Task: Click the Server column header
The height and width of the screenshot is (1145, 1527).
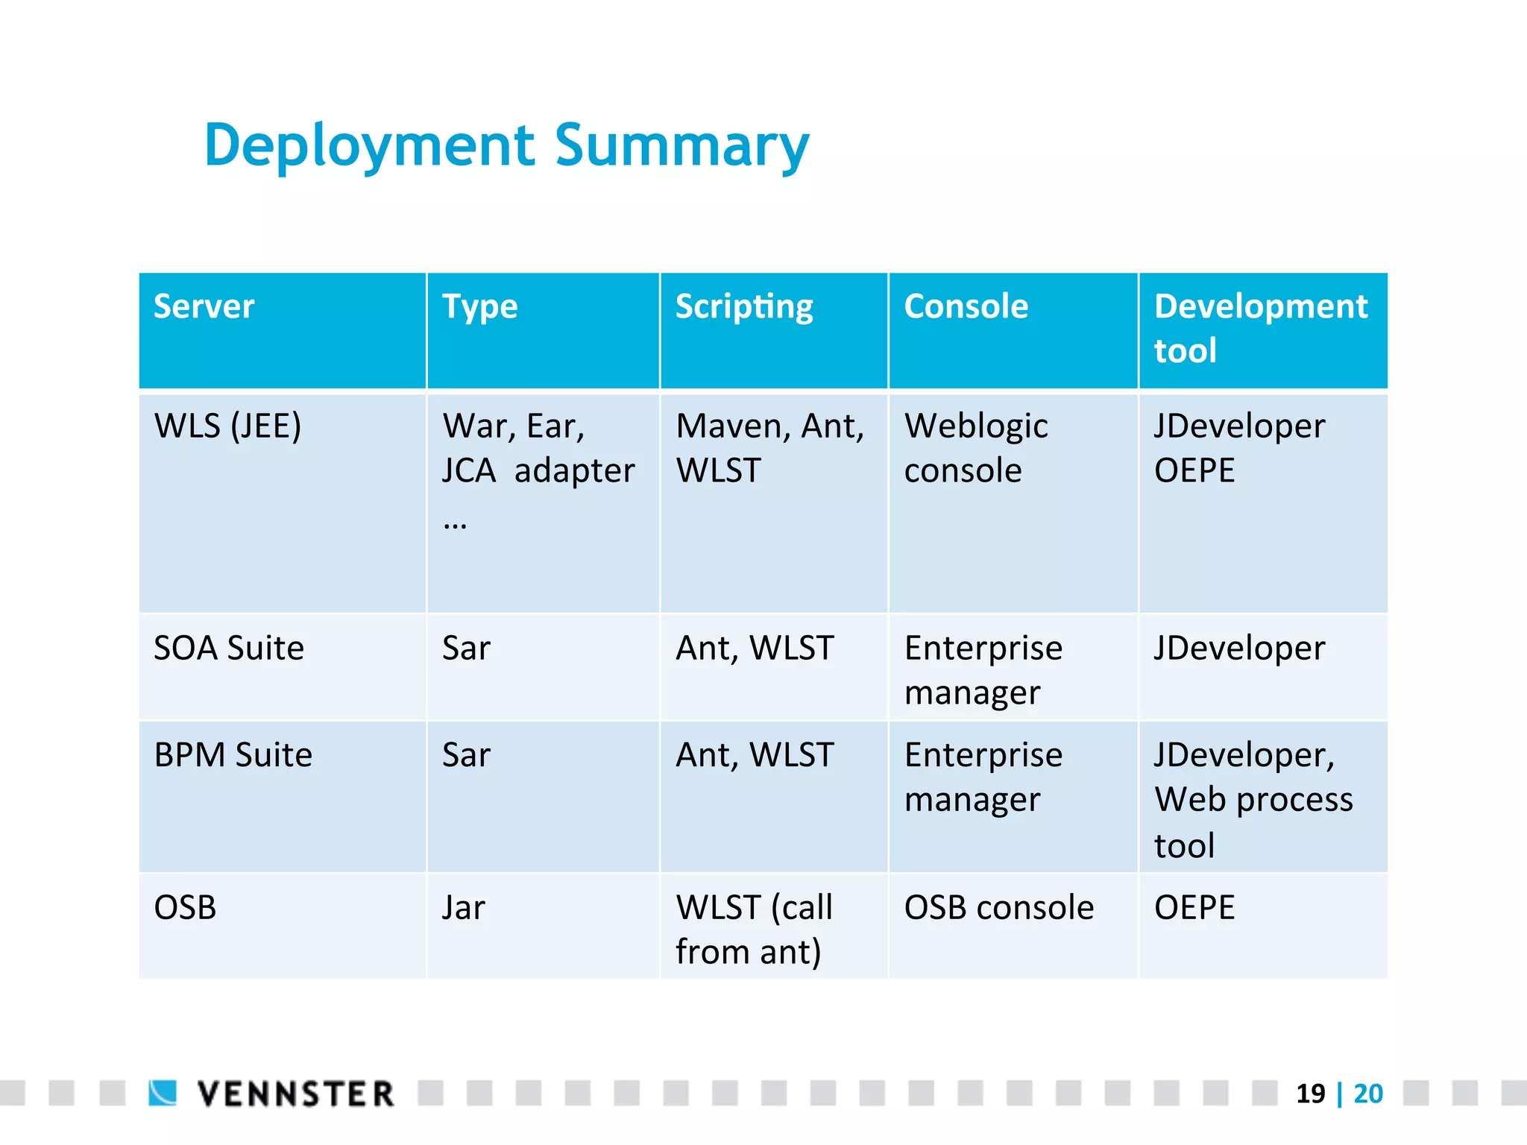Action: point(204,307)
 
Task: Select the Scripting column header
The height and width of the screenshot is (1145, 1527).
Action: point(743,307)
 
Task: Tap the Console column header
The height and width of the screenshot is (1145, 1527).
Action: point(966,307)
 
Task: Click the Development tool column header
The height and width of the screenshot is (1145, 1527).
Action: point(1260,328)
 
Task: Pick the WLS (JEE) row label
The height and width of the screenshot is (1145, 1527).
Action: point(227,426)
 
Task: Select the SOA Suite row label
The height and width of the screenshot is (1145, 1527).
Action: point(229,649)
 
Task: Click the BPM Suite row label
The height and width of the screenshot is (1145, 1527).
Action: point(233,755)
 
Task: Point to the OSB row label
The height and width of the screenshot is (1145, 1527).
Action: point(185,908)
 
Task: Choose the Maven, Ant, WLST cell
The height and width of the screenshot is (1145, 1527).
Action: point(769,448)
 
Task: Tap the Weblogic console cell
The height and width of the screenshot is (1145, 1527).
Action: point(975,448)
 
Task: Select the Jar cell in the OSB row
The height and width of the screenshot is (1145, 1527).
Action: point(463,908)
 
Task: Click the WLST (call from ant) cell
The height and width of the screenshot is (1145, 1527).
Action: point(753,930)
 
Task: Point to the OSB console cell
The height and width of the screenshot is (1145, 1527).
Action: point(998,908)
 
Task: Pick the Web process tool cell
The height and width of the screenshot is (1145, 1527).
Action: point(1253,799)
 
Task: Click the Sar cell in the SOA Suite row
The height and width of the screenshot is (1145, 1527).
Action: point(466,649)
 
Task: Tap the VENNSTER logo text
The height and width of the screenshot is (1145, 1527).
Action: point(295,1094)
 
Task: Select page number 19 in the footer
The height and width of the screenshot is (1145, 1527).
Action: point(1310,1094)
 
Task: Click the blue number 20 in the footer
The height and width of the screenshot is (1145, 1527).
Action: point(1368,1094)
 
